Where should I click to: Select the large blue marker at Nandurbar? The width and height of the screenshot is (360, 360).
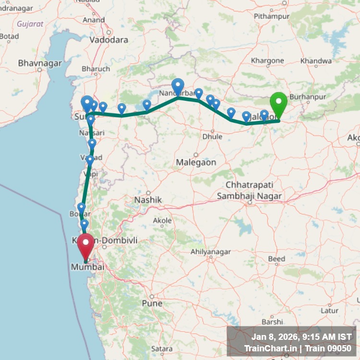(178, 87)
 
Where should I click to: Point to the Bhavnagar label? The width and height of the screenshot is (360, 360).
(40, 63)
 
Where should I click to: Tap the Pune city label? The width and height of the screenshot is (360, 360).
(152, 303)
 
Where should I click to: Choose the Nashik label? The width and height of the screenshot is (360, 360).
(148, 199)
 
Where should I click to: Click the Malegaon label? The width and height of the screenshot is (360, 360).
(196, 162)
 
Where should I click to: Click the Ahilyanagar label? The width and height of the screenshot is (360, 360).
(211, 252)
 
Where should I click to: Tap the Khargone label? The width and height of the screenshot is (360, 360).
(268, 60)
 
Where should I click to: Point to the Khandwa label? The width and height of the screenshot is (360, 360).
(315, 61)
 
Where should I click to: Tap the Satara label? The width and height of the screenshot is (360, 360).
(161, 348)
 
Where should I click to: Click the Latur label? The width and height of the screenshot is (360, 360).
(329, 310)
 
